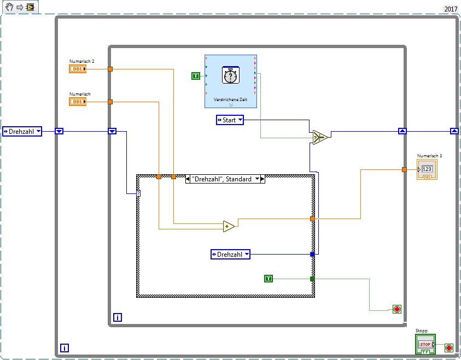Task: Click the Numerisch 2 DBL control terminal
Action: (78, 69)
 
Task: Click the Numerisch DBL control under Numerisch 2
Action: (78, 102)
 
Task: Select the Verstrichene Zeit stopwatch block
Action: (231, 76)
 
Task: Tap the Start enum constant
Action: (230, 120)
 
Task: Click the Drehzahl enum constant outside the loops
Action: (22, 131)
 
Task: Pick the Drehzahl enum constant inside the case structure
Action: (230, 254)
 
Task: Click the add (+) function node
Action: (229, 226)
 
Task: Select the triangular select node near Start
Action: (319, 137)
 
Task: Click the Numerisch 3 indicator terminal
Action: (427, 169)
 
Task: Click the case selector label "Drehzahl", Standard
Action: (225, 179)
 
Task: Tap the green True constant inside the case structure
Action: (269, 279)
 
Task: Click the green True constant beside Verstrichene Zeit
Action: (196, 75)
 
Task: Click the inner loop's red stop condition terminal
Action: (397, 309)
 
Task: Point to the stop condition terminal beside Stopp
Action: (449, 347)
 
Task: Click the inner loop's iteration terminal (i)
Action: (117, 317)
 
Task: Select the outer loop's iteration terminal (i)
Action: (65, 347)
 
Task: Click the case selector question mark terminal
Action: (139, 193)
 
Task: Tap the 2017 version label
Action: (451, 9)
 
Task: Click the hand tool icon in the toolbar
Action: (9, 7)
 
